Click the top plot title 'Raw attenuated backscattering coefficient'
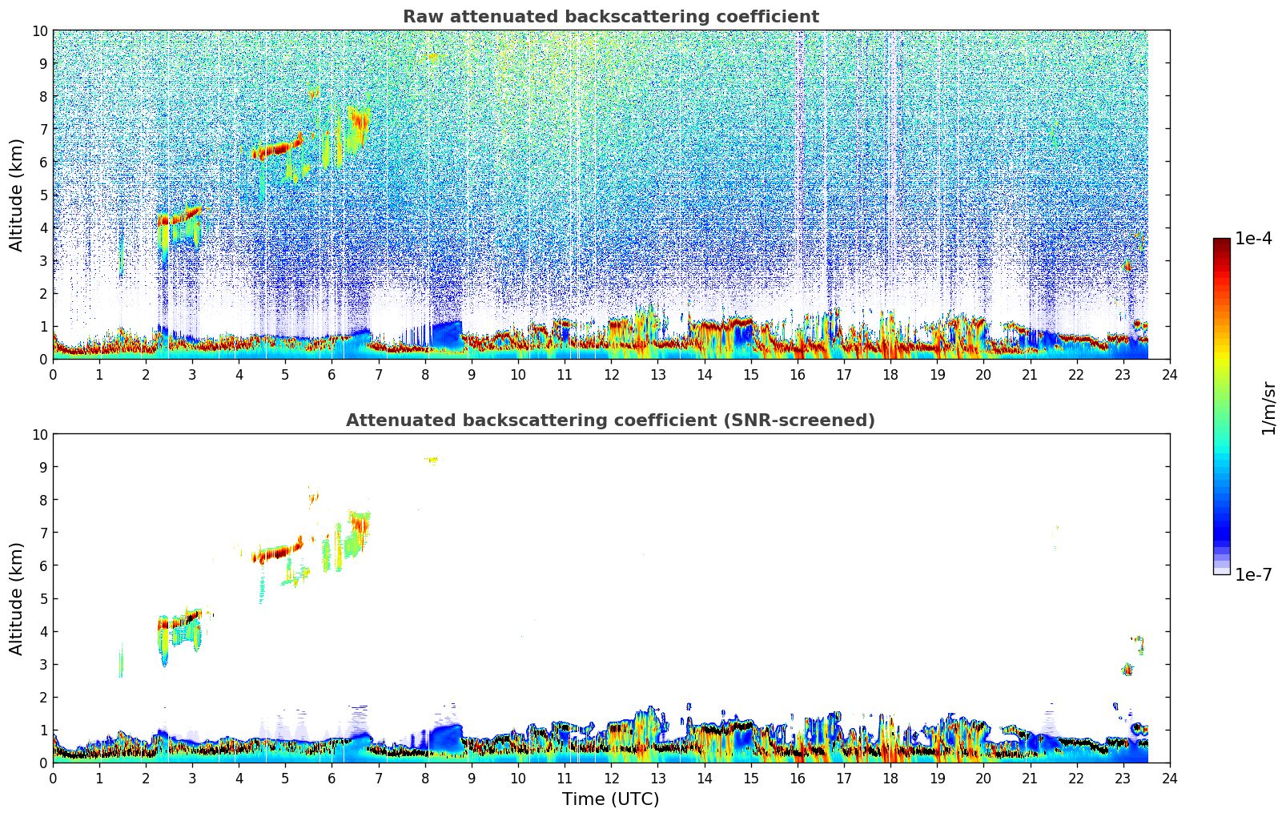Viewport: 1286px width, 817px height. point(610,17)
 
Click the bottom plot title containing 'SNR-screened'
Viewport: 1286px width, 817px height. point(610,421)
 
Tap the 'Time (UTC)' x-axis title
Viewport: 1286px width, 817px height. point(610,799)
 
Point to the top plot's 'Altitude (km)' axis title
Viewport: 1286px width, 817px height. point(17,195)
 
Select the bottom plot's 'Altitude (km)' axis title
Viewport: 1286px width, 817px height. point(17,598)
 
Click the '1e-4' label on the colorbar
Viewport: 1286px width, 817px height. point(1253,239)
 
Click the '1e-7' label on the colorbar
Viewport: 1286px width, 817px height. point(1253,574)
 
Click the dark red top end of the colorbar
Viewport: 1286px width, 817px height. point(1221,243)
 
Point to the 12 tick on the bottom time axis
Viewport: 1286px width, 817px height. point(612,778)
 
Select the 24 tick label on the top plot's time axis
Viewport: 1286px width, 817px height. point(1170,374)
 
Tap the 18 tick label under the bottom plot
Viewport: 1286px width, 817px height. point(890,778)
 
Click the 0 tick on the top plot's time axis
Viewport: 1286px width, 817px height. point(54,374)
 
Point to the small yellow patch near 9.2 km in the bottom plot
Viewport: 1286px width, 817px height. point(432,459)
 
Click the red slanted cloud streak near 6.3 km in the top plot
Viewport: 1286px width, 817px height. point(276,149)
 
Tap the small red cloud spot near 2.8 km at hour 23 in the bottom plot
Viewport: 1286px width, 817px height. point(1127,670)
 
